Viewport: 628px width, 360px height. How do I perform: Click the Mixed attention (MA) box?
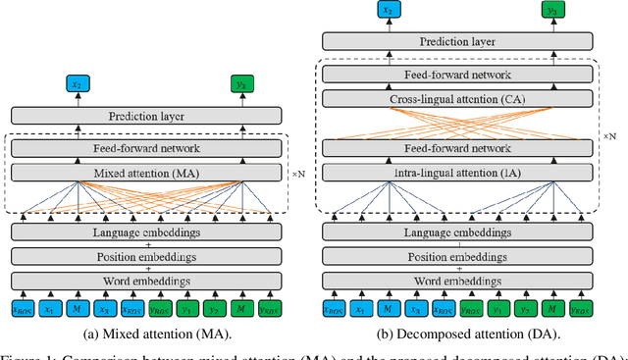146,173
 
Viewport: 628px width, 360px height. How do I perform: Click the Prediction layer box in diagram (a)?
146,117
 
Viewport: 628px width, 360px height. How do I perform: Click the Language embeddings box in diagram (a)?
146,231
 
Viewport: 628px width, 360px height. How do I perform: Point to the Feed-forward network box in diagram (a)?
146,148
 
